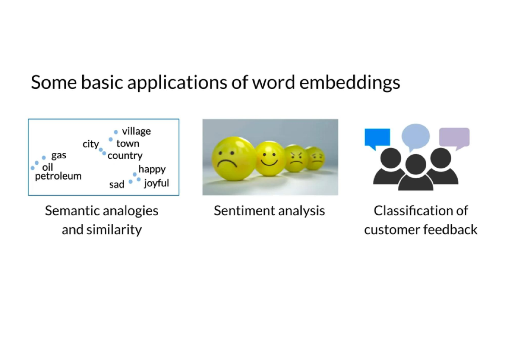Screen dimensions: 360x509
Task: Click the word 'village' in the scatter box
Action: point(136,132)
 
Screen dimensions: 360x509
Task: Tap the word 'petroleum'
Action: point(58,176)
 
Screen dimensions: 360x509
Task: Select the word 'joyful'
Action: point(156,183)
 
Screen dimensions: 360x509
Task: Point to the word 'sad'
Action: point(117,185)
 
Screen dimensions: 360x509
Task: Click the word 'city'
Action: point(90,144)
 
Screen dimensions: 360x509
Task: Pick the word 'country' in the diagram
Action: point(125,156)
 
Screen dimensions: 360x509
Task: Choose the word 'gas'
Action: point(59,155)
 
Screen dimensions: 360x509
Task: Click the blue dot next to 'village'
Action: point(116,132)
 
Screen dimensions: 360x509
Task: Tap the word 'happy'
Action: point(152,169)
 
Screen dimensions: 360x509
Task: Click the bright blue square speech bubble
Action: point(377,138)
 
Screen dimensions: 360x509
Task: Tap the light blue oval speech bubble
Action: point(416,136)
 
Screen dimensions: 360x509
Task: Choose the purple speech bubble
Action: point(454,137)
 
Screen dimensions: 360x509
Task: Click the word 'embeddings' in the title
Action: point(350,82)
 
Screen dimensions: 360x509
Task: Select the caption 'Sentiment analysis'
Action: point(269,211)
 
